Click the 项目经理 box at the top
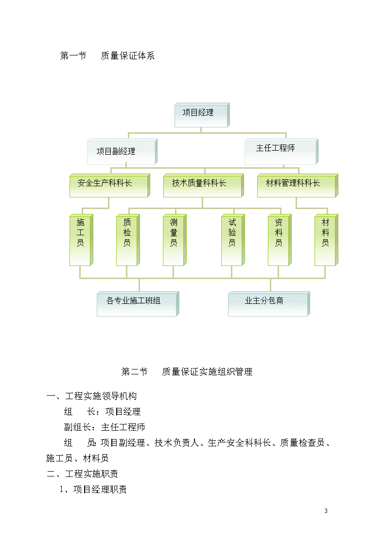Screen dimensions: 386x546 202,115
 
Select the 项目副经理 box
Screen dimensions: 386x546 122,152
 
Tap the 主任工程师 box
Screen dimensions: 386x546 281,152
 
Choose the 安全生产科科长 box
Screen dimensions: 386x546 110,185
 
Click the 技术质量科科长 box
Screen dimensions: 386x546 203,185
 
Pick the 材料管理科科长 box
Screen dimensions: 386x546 298,185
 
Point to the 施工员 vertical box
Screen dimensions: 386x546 81,240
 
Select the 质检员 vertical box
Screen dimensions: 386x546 128,240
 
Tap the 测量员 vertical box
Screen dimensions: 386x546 175,240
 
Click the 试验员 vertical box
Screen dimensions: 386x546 233,240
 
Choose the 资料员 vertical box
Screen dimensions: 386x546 280,240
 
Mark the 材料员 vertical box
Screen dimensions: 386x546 326,240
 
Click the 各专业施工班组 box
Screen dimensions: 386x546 138,304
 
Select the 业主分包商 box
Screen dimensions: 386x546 269,304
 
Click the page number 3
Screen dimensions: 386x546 326,511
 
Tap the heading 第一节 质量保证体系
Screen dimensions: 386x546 107,56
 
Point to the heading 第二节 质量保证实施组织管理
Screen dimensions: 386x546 187,372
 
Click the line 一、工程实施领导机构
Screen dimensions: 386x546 92,396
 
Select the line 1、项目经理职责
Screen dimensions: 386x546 93,489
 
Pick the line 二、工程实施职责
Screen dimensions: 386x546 83,474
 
